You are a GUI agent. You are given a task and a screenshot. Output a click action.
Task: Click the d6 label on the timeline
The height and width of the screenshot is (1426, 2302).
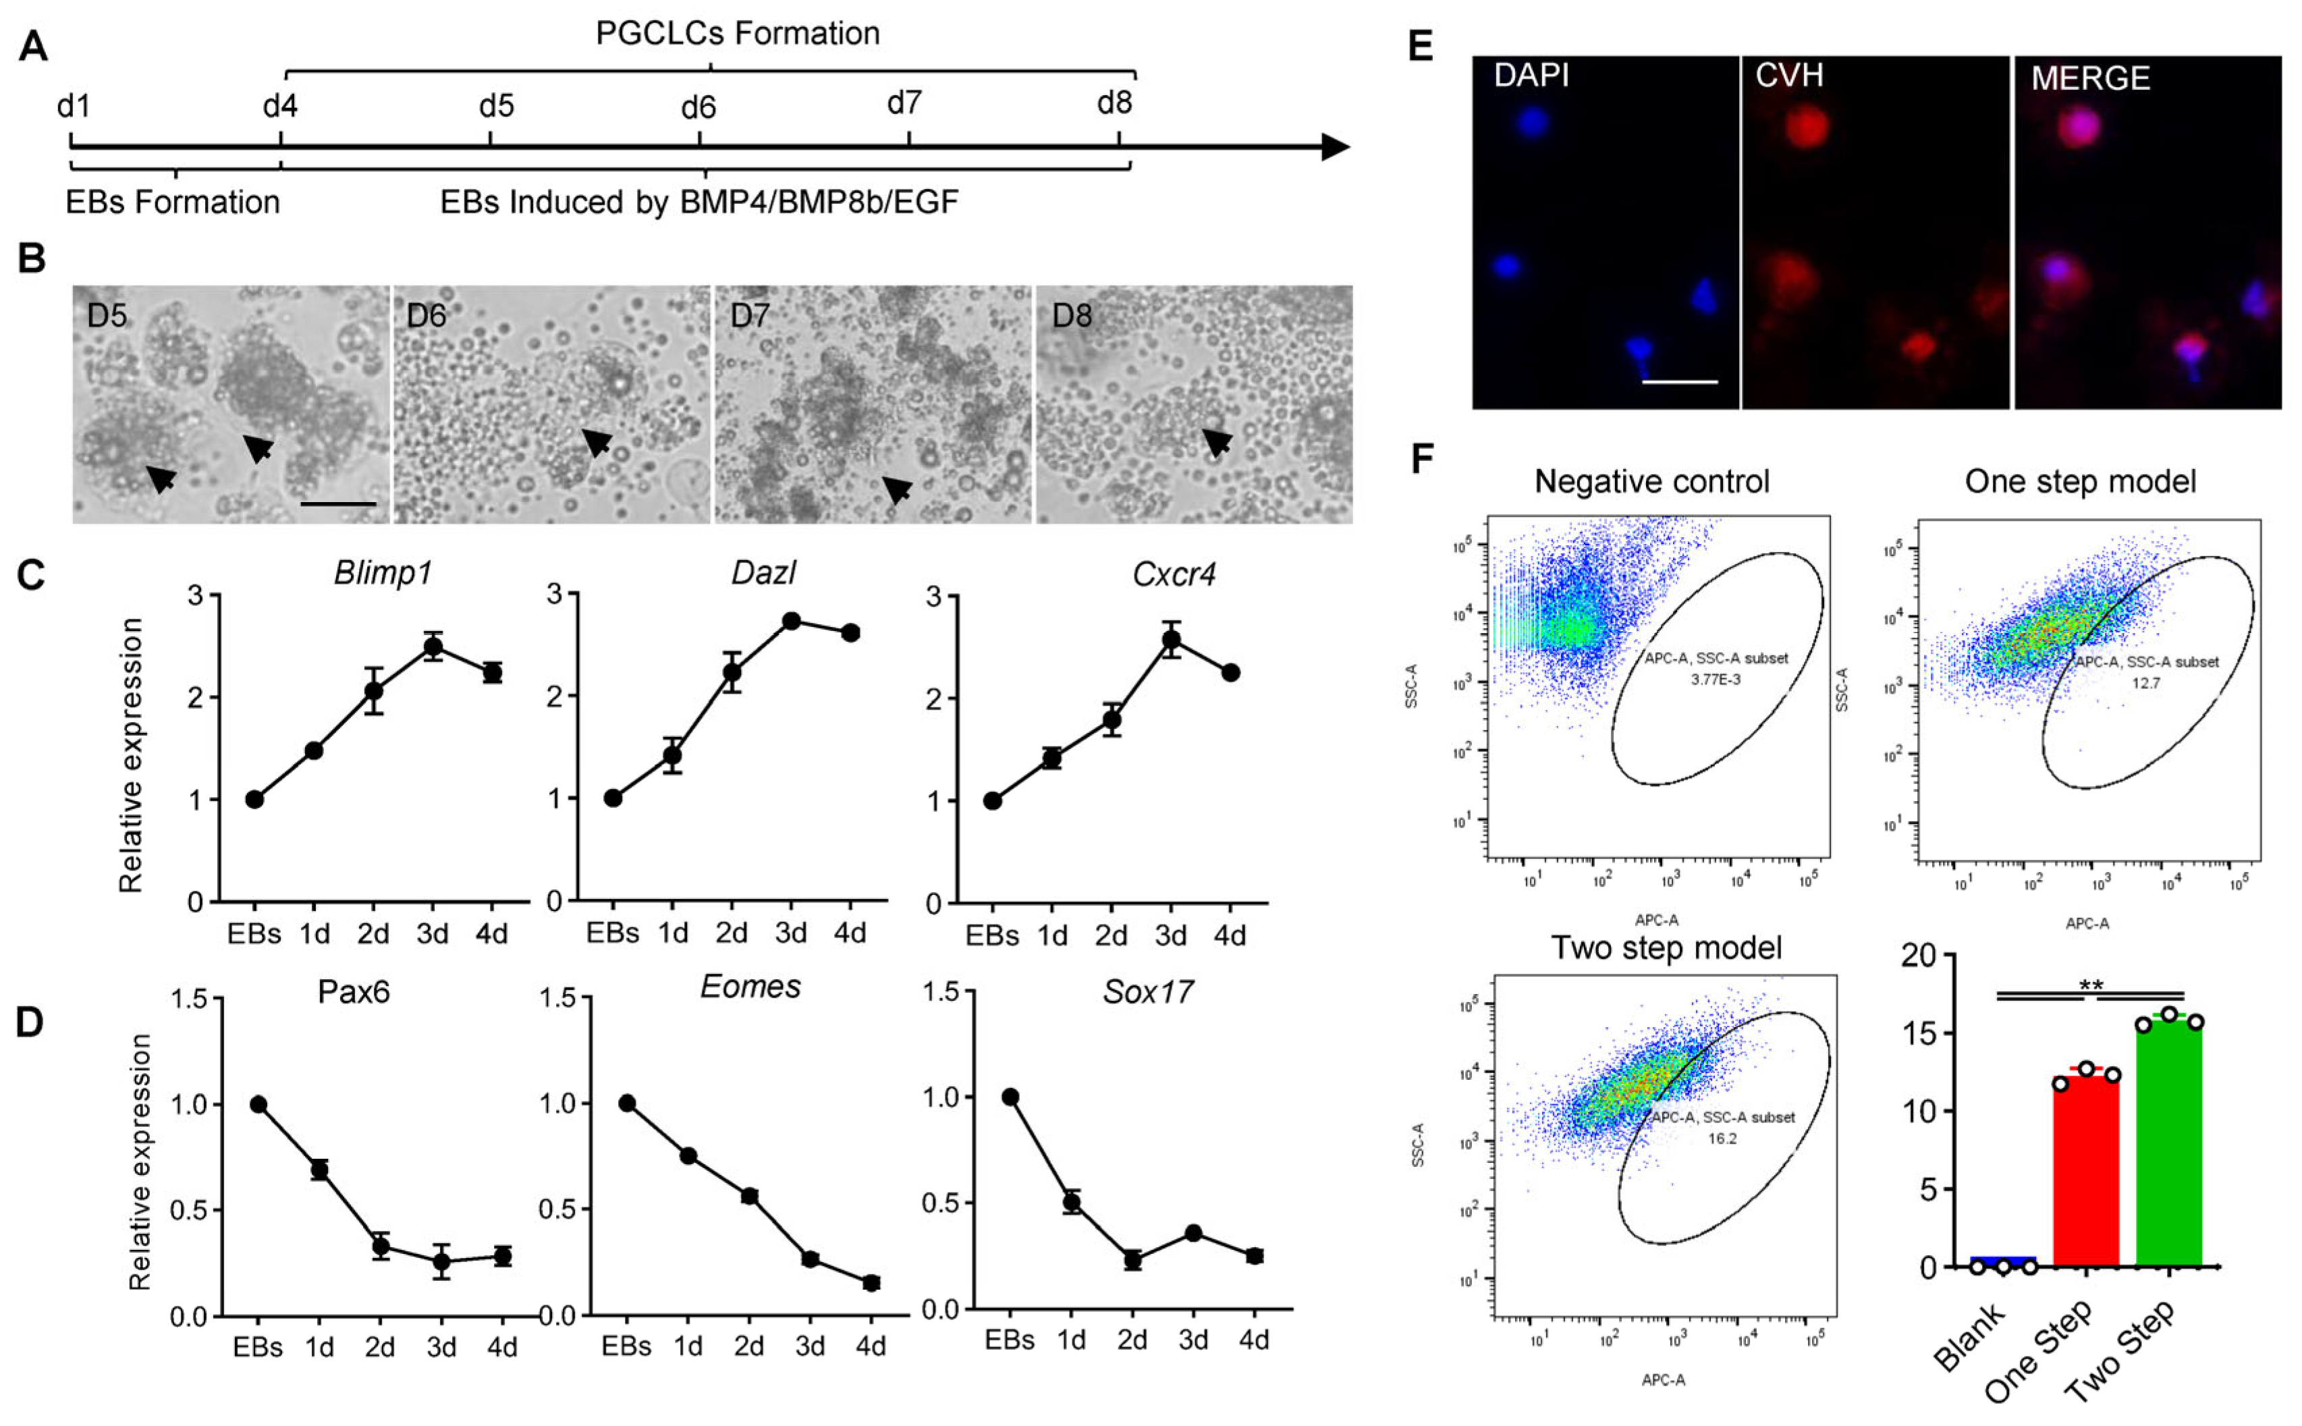(698, 107)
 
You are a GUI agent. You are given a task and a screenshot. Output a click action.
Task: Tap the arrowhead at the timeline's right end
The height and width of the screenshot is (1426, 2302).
(1336, 147)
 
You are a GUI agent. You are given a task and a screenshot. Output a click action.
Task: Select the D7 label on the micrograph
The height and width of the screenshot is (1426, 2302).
(750, 315)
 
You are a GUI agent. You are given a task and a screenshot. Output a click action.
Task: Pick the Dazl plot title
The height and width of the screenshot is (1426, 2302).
(763, 572)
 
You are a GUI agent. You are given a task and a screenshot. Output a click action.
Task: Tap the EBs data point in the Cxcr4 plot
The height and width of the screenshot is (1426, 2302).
(992, 800)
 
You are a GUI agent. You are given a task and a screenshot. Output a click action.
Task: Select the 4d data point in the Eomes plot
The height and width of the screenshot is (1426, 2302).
(871, 1283)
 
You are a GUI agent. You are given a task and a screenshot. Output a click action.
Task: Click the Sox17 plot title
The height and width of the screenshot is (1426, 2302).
(1148, 991)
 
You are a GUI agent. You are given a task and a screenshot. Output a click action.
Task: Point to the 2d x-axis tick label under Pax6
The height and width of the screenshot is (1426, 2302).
(379, 1347)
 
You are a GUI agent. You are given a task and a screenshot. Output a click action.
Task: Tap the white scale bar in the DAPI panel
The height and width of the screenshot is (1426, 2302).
(1680, 382)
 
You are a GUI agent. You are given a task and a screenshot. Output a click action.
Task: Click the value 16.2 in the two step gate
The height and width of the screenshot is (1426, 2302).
(1721, 1139)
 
